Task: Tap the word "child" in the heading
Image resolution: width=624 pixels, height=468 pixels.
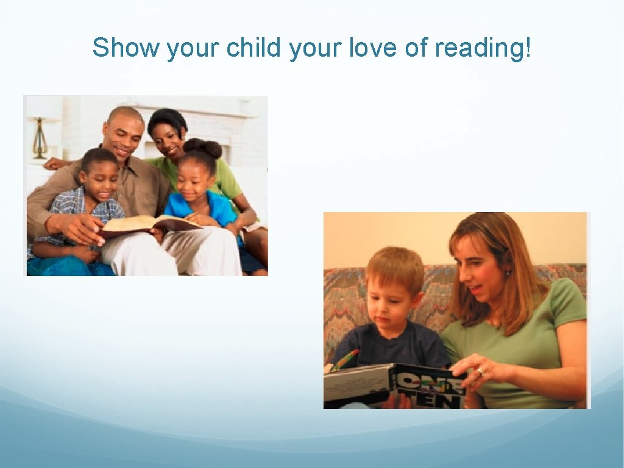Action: point(255,48)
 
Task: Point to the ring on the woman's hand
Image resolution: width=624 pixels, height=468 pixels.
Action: point(480,370)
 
